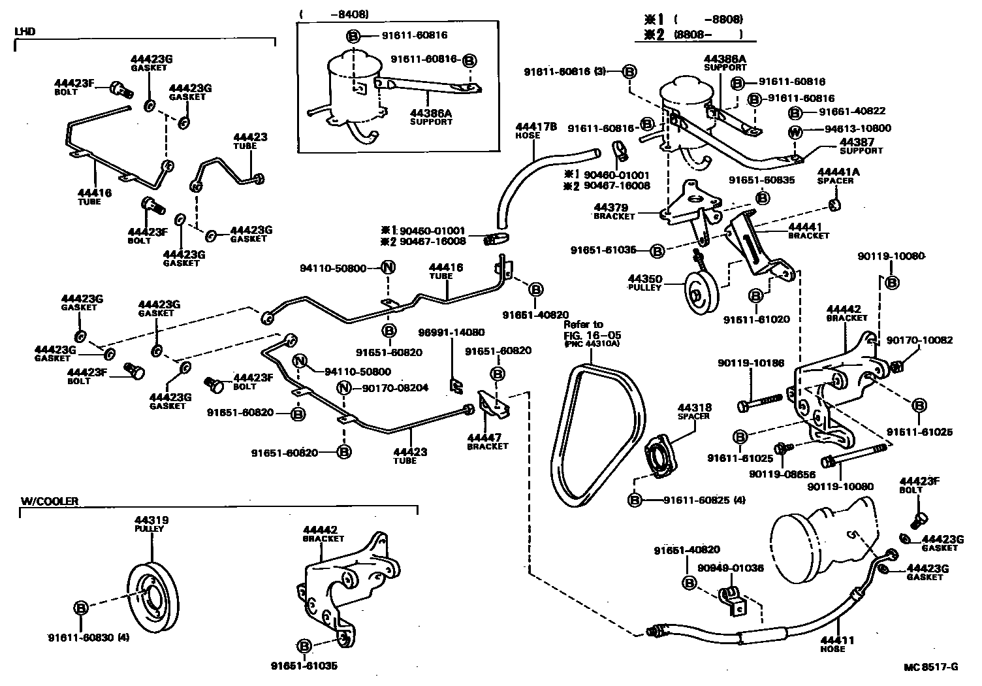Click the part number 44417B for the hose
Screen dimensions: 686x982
point(536,126)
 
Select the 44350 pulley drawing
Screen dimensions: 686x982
point(701,298)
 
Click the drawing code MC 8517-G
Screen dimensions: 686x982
point(931,667)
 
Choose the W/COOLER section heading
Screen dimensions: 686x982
point(50,501)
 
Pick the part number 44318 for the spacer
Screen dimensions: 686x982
point(694,407)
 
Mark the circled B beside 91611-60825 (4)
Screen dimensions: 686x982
point(633,500)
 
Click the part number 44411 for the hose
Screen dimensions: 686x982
point(838,640)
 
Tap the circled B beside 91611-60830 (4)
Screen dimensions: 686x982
point(80,608)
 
